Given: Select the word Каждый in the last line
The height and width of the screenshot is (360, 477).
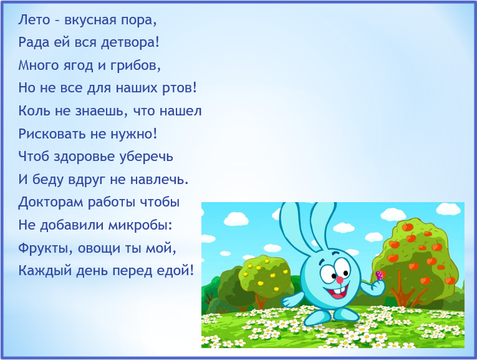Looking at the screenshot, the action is (44, 271).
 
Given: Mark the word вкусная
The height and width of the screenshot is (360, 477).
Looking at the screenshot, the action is (90, 20).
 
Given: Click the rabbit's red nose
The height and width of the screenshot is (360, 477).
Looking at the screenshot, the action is (339, 278).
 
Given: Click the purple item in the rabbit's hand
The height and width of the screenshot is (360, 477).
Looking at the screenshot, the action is (379, 275).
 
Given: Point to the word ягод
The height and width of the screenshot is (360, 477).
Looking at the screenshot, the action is (78, 66).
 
